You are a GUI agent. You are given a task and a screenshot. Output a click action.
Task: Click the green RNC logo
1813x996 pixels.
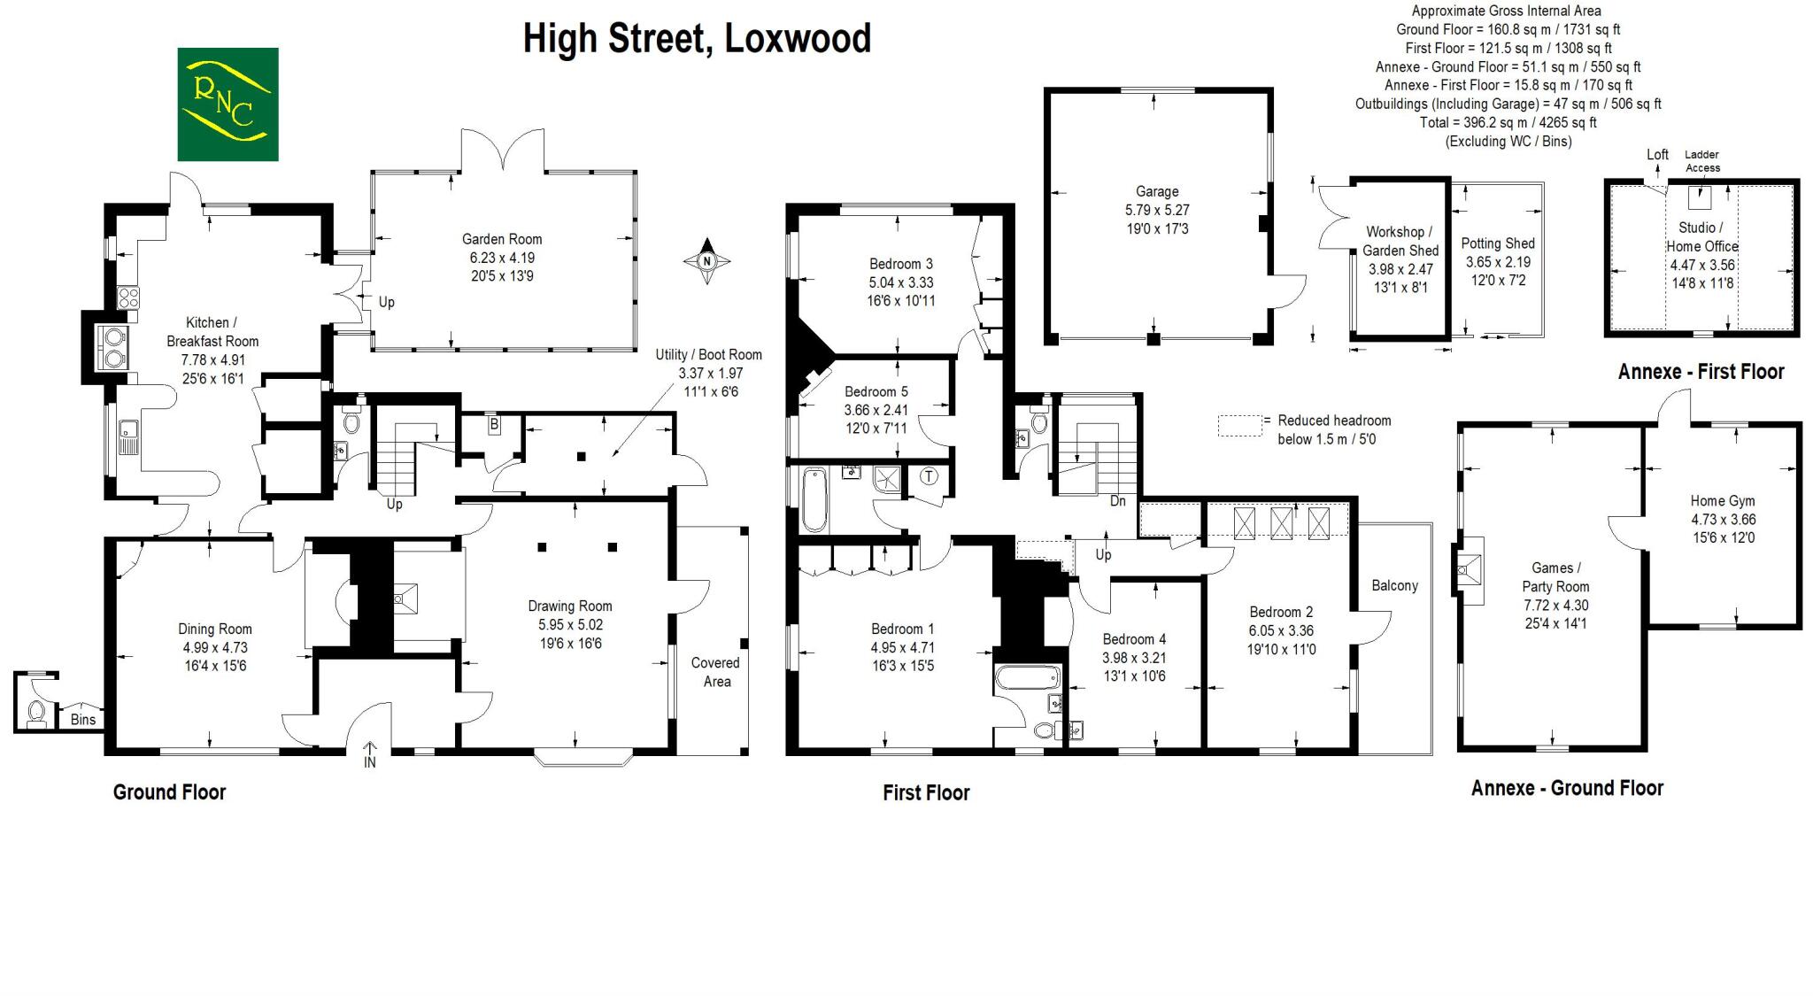(228, 104)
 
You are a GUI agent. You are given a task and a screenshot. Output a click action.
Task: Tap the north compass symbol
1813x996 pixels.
(706, 261)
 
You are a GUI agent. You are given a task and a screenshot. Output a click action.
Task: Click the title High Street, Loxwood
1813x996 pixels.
(697, 39)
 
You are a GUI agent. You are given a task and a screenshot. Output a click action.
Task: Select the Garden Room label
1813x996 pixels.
(501, 239)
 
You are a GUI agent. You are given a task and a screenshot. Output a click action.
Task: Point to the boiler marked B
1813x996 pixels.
(494, 425)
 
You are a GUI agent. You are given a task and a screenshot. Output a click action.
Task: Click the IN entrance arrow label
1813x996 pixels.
(369, 761)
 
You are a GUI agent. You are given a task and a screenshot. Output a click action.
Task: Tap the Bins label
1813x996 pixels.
(83, 719)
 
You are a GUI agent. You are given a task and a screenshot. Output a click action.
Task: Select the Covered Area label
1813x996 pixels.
(716, 672)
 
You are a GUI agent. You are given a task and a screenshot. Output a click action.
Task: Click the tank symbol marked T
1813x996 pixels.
(929, 476)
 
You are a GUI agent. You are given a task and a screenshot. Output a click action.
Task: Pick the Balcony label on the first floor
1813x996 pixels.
(1394, 585)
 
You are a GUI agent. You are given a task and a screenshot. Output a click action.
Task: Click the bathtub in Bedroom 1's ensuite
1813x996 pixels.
(1027, 678)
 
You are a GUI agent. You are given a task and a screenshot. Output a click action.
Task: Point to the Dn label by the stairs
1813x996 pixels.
(1117, 501)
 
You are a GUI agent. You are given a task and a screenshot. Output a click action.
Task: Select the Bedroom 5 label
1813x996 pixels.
(876, 391)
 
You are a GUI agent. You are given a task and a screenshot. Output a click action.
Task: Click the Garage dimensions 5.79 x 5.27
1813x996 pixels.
(1157, 210)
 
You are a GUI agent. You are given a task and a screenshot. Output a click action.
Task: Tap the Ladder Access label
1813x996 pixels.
(1702, 161)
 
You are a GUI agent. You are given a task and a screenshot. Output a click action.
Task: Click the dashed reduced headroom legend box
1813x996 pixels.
(1239, 426)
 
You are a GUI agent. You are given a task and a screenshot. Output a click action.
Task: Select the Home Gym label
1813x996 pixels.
(1722, 500)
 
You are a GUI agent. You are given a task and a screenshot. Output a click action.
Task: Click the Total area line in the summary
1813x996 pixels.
(1508, 122)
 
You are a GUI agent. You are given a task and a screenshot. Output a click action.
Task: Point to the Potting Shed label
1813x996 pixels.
(1498, 243)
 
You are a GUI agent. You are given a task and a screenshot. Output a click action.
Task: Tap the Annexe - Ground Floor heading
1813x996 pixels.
(1567, 788)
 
